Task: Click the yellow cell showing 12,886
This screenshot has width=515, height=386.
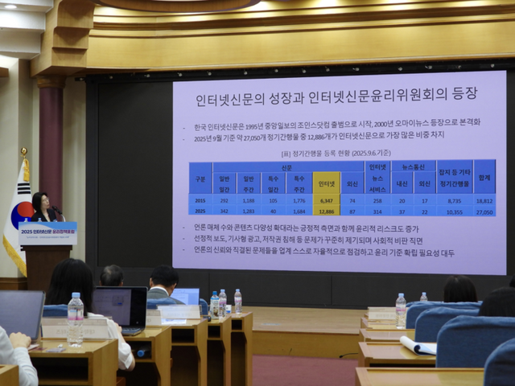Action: click(326, 210)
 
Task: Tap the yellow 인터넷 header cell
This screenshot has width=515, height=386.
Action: click(326, 183)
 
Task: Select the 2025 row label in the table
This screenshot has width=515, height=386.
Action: click(200, 210)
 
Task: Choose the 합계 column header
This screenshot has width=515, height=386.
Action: click(484, 177)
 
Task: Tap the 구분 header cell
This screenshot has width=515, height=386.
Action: click(200, 177)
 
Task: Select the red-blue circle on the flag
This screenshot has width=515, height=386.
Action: click(21, 213)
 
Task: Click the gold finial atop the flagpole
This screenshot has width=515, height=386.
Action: click(23, 151)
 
